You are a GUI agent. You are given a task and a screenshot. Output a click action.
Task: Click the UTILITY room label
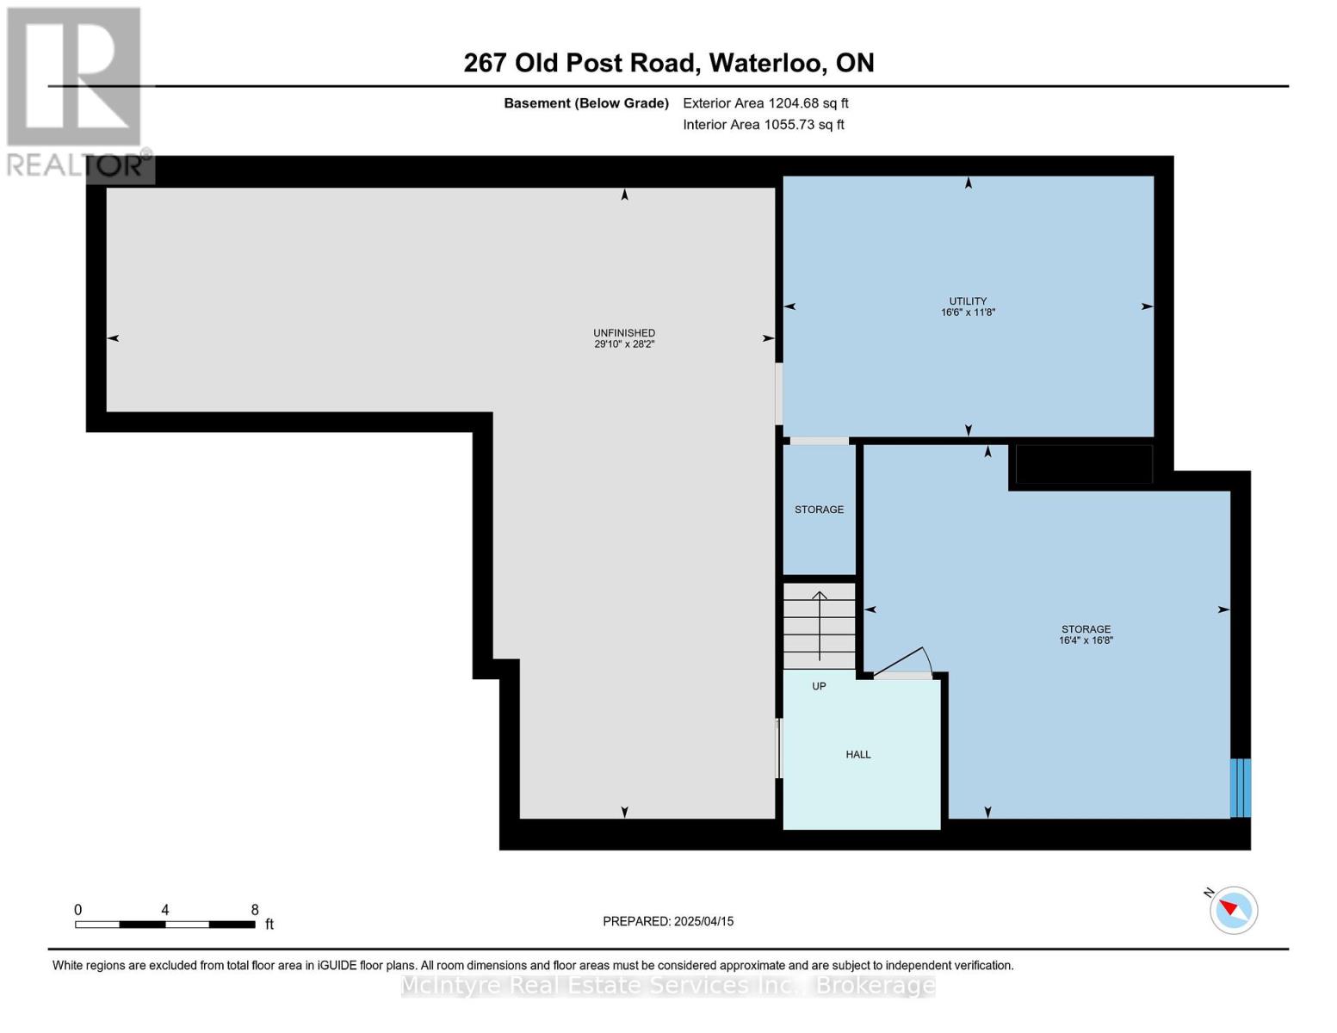tap(967, 300)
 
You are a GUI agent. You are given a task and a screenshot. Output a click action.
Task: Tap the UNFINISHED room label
tap(624, 333)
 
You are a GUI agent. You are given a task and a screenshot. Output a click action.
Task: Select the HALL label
tap(857, 754)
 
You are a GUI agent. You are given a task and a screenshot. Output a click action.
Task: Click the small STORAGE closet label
tap(819, 510)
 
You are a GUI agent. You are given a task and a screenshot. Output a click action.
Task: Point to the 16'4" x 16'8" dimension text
tap(1086, 640)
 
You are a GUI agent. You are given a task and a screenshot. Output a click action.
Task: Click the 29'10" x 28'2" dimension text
tap(624, 344)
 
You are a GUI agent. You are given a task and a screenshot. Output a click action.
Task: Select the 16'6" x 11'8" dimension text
tap(968, 312)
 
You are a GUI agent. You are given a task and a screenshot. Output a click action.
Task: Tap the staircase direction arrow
tap(819, 625)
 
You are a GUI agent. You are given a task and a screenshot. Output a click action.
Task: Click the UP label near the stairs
tap(819, 686)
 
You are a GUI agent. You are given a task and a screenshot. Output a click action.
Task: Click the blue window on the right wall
tap(1240, 788)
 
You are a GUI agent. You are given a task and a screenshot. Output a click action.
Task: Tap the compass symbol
tap(1233, 910)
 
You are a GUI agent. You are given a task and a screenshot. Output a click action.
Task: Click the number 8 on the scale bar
tap(255, 909)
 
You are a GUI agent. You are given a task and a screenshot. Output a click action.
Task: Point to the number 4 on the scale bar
tap(165, 909)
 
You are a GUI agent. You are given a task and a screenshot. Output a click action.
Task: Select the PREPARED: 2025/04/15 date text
tap(668, 921)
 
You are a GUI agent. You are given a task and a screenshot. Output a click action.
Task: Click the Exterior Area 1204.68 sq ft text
tap(765, 103)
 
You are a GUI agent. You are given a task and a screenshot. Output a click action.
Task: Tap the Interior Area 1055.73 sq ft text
tap(764, 124)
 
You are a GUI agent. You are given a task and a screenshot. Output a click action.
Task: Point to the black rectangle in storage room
tap(1084, 465)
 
